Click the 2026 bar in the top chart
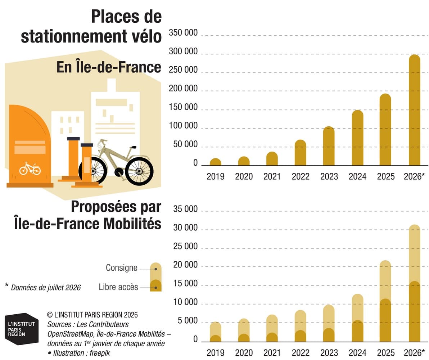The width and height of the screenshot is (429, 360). point(415,110)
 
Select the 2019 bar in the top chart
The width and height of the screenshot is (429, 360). point(216,162)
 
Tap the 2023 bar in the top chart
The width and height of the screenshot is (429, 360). point(329,146)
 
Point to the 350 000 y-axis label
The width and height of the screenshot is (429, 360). point(183,32)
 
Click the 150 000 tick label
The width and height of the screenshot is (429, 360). point(183,107)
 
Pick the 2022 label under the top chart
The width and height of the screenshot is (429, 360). point(301,176)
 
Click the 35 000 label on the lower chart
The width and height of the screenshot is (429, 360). point(185,209)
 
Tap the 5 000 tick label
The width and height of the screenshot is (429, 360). point(188,320)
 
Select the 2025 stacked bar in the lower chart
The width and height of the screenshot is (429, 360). point(385,301)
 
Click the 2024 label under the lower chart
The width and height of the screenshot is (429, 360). point(357,352)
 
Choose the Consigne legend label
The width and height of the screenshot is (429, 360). point(122,267)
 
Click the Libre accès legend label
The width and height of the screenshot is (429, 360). point(118,287)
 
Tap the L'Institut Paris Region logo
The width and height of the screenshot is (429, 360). point(22,329)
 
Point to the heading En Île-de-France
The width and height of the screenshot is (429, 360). point(109,67)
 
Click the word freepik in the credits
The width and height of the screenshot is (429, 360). point(100,353)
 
